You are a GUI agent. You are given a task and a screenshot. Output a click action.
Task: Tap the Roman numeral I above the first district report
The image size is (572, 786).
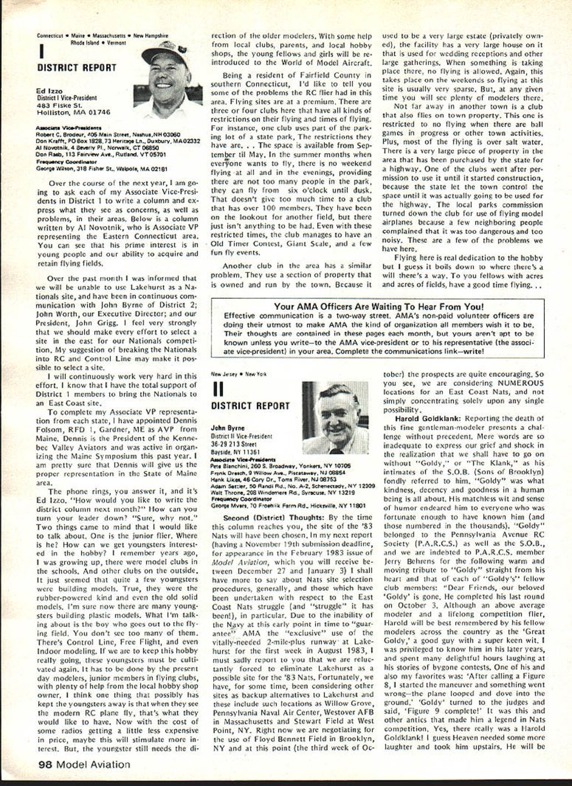click(x=41, y=53)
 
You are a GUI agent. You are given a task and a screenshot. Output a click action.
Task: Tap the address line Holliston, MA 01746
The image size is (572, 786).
click(x=73, y=112)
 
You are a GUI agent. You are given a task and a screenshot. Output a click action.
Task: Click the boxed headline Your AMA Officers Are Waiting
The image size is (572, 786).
click(x=378, y=306)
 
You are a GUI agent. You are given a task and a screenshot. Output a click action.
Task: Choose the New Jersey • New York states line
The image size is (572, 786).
click(x=239, y=374)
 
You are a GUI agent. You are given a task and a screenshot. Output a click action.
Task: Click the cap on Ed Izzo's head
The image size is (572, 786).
click(x=166, y=49)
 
